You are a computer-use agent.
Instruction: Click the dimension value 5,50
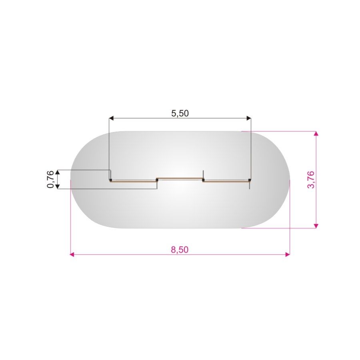pos(180,113)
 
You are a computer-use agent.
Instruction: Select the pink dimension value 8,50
pos(180,250)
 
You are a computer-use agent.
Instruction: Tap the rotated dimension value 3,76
pos(311,180)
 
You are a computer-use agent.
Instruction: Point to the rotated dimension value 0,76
pos(50,179)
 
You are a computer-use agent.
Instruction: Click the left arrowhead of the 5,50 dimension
pos(111,118)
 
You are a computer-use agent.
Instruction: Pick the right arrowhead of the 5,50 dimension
pos(249,118)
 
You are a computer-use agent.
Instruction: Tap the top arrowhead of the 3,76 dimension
pos(316,134)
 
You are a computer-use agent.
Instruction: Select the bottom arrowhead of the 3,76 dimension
pos(316,226)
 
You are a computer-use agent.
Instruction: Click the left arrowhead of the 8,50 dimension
pos(72,254)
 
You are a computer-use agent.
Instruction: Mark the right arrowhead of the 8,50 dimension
pos(288,254)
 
